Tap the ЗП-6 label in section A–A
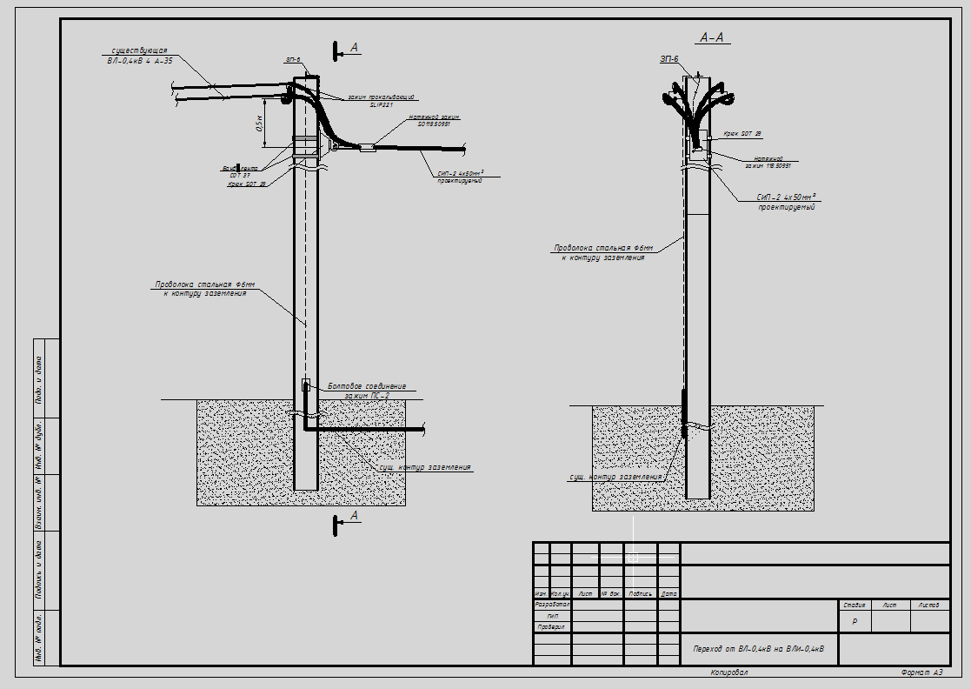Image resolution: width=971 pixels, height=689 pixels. point(668,58)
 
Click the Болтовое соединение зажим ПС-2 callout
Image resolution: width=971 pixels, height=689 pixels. point(366,391)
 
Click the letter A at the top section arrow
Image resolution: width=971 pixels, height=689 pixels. point(355,47)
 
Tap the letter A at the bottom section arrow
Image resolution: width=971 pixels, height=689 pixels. point(354,516)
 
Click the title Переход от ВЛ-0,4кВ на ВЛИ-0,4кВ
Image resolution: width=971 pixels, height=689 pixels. point(759,648)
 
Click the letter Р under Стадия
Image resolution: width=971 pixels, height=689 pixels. point(855,622)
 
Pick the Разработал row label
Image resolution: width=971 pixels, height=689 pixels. point(551,604)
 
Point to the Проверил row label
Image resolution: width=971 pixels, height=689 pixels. point(551,626)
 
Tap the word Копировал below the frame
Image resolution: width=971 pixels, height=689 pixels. point(728,672)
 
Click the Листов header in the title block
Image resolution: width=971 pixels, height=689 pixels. point(928,605)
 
